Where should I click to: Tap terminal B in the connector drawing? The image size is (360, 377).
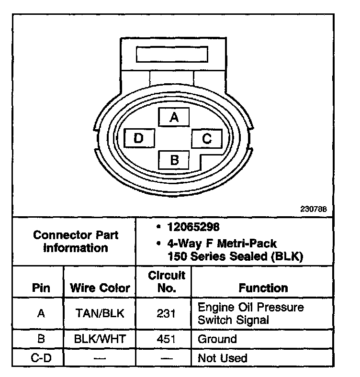point(174,159)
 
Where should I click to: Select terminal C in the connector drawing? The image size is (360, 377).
point(206,139)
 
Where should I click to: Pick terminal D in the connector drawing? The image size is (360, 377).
point(139,139)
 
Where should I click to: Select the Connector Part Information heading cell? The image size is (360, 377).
point(76,242)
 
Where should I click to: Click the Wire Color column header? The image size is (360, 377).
point(100,288)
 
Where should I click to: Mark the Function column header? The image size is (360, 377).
point(263,288)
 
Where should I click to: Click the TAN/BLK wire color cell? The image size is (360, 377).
point(100,313)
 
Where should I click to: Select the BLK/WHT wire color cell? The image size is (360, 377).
point(100,340)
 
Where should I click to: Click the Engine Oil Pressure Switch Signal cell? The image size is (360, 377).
point(250,313)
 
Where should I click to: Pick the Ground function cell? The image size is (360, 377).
point(217,340)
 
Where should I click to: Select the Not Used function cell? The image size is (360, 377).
point(222,358)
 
